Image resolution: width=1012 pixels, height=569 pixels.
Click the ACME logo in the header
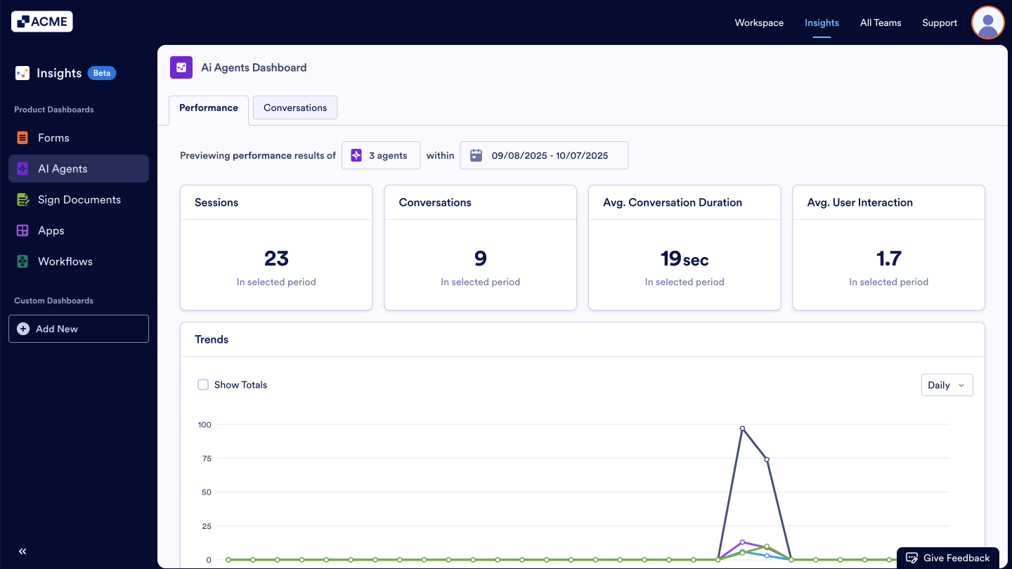tap(42, 22)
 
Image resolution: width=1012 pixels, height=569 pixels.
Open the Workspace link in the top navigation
tap(759, 22)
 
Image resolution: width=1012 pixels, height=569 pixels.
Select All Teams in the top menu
tap(881, 22)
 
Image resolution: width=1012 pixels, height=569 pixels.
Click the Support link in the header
tap(940, 22)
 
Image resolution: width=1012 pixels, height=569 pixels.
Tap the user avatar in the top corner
tap(987, 22)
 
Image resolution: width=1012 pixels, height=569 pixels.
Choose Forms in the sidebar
tap(53, 138)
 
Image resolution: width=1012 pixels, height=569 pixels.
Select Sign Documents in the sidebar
tap(79, 200)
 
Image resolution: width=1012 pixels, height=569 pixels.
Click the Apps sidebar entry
tap(51, 230)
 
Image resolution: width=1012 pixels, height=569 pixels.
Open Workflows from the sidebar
tap(65, 261)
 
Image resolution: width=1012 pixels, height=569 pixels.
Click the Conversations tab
tap(295, 107)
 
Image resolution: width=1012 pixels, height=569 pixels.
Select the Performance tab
tap(209, 107)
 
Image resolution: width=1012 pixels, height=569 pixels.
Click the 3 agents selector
tap(381, 155)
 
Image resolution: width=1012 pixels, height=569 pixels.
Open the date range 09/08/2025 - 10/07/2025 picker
tap(544, 155)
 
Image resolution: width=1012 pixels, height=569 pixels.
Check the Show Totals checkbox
tap(203, 385)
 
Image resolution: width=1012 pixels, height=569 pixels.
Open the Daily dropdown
tap(947, 385)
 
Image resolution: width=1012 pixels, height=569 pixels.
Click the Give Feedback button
tap(947, 558)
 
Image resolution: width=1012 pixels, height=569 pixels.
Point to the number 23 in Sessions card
tap(276, 259)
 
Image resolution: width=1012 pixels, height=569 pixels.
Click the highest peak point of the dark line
tap(742, 428)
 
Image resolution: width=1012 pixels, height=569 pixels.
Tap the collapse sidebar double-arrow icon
tap(22, 551)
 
